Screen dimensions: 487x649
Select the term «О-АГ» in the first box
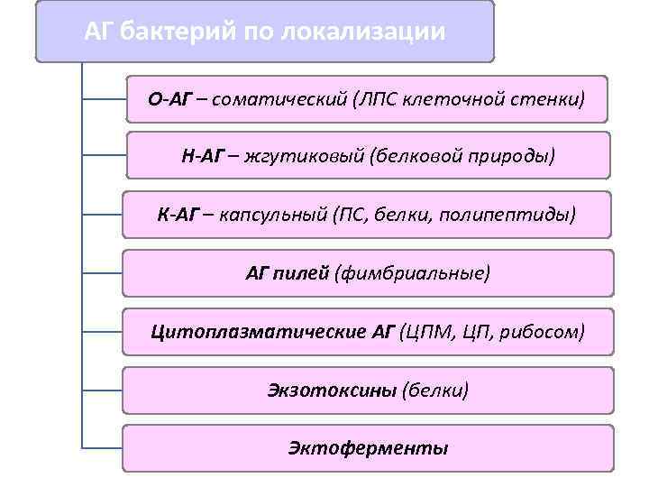(172, 98)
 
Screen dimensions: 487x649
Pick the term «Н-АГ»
(203, 157)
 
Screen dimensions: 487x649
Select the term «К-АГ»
(178, 216)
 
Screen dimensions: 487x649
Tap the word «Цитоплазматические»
(258, 332)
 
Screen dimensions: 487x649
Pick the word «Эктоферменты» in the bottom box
(368, 448)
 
